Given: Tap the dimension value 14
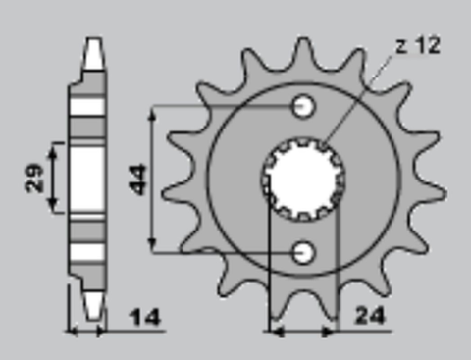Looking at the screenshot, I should [x=145, y=319].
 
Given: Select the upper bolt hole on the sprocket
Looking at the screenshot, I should [x=304, y=105].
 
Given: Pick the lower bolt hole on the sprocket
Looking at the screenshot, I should [x=304, y=252].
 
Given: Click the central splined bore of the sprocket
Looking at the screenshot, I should [x=303, y=179].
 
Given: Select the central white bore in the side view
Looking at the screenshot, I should [x=86, y=178].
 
